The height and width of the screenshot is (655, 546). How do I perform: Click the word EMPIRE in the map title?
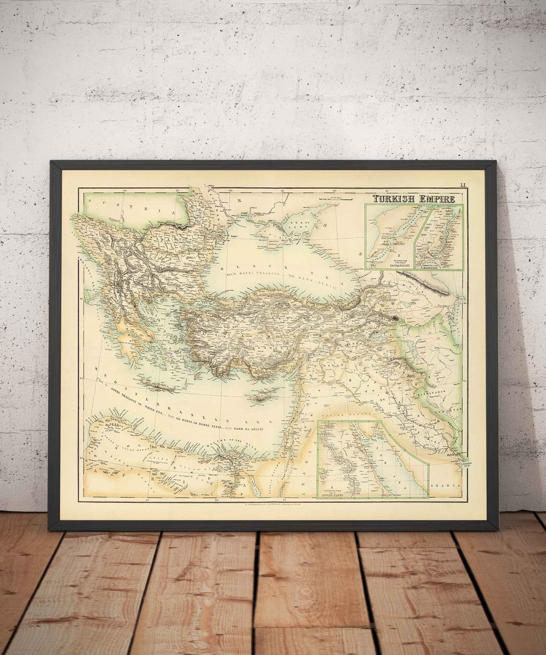[437, 199]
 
